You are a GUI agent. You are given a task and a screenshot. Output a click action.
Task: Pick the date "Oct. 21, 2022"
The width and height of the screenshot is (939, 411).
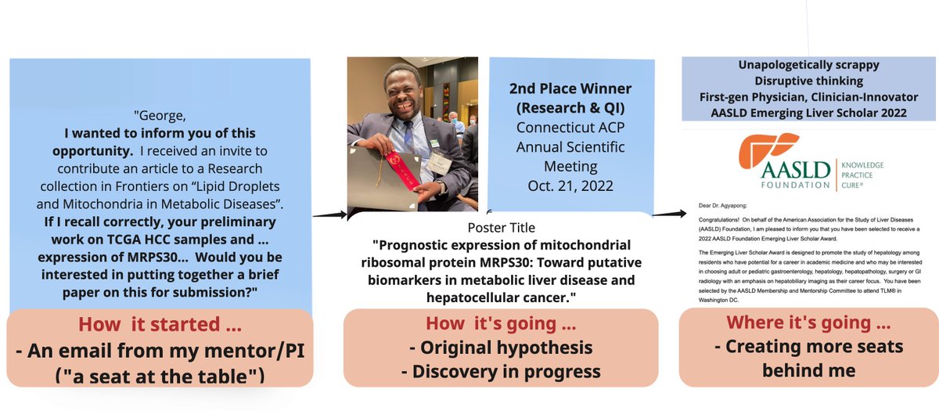569,185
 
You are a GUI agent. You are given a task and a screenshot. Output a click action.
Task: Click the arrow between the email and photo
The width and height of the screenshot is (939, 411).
329,212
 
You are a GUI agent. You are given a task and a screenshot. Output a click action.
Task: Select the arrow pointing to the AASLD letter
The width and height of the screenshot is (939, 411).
666,212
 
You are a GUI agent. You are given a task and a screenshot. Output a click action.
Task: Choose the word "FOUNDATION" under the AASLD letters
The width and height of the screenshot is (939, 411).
777,185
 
